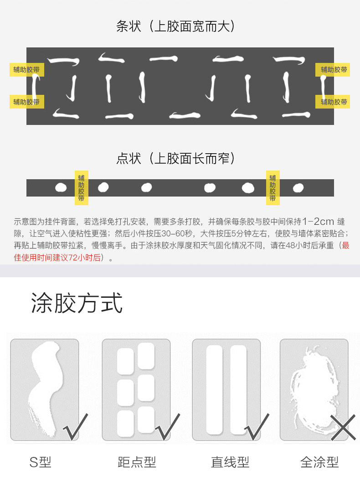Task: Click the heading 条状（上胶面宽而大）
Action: pos(176,26)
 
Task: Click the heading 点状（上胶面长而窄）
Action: pos(176,158)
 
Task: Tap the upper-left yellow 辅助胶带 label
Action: pos(26,70)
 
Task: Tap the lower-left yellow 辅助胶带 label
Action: pos(26,102)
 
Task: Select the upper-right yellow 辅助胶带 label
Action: pos(333,70)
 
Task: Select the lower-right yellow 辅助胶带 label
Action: pos(333,102)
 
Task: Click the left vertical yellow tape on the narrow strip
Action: pos(82,188)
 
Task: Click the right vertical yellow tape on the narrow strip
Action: pos(273,188)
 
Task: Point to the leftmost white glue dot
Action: pos(61,188)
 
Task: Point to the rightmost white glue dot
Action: pos(298,188)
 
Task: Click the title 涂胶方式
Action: pos(77,303)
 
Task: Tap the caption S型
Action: pos(41,462)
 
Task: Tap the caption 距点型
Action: pos(137,462)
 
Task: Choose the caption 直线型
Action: pos(230,462)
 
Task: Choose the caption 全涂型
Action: pos(319,462)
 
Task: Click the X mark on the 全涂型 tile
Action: pos(343,427)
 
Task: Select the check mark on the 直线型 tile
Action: pos(257,427)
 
